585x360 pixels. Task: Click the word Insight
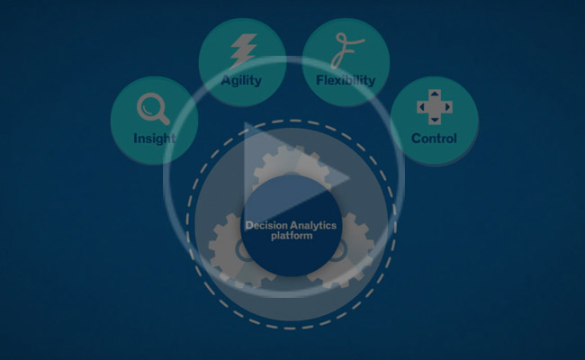point(154,139)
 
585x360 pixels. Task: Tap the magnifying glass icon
point(152,109)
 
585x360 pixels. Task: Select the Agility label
point(240,80)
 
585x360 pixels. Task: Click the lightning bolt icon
point(242,50)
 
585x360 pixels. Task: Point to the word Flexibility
point(346,80)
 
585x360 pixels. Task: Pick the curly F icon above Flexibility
point(344,51)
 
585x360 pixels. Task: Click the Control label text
point(434,139)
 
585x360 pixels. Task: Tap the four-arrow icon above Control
point(434,107)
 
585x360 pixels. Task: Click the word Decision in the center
point(267,226)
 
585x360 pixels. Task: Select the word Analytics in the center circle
point(311,226)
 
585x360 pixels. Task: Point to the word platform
point(291,237)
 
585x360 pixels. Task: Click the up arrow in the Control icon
point(434,94)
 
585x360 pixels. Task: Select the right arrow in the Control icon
point(447,107)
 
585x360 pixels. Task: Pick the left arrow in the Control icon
point(421,107)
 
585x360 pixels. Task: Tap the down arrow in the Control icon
point(434,120)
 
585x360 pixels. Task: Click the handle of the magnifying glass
point(163,119)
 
